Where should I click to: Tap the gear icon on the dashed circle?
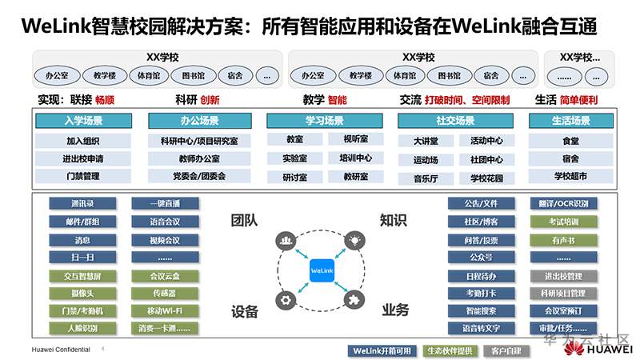click(x=285, y=300)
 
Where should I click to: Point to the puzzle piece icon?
click(x=353, y=300)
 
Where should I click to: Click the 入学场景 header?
click(x=83, y=121)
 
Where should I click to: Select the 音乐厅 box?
click(x=426, y=178)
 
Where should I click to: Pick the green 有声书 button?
click(x=564, y=239)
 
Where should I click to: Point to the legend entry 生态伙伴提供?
click(x=450, y=351)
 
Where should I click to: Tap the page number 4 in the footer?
click(x=102, y=349)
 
